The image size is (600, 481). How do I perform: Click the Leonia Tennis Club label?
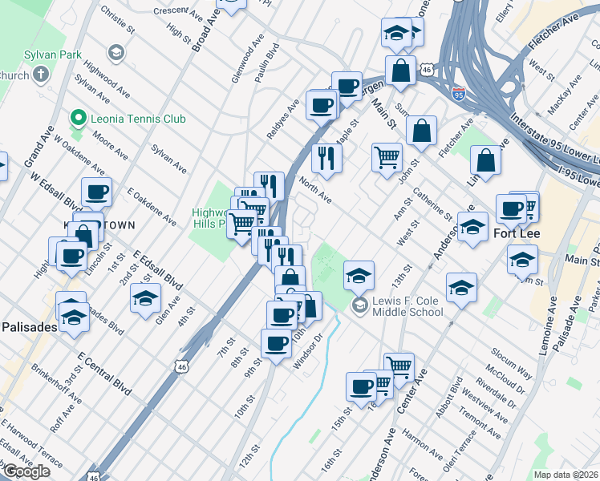pyautogui.click(x=138, y=119)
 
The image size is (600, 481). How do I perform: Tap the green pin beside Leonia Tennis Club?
pyautogui.click(x=78, y=119)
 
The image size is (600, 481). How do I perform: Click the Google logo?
pyautogui.click(x=27, y=471)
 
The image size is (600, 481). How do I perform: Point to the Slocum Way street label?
pyautogui.click(x=512, y=366)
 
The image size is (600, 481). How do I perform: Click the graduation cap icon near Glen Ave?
pyautogui.click(x=144, y=300)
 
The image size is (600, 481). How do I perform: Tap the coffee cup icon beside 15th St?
pyautogui.click(x=361, y=386)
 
